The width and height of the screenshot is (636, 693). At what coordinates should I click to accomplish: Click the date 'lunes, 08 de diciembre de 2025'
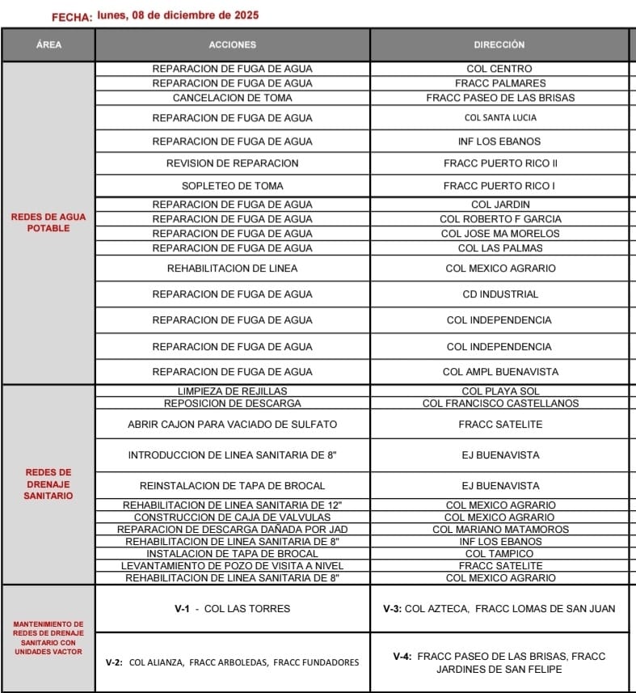point(178,15)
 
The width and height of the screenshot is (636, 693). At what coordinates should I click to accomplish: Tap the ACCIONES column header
point(232,45)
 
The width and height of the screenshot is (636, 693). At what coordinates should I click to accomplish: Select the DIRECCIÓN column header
point(499,45)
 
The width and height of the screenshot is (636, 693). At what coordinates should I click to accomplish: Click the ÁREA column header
point(48,45)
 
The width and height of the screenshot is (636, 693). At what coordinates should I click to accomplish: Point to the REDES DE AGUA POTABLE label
point(48,222)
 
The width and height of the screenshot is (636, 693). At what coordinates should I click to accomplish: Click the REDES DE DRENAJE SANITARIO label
point(48,484)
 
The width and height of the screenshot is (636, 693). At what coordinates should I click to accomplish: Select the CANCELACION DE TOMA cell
point(232,98)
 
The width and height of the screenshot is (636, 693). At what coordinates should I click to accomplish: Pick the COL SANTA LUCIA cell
point(499,118)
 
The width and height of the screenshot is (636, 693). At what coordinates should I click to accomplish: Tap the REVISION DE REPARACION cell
point(232,163)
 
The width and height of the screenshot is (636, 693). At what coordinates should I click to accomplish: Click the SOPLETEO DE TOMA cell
point(232,186)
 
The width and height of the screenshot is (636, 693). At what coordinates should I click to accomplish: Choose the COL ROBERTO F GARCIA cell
point(499,219)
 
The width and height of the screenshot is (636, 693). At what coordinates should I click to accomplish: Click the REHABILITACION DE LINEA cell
point(232,268)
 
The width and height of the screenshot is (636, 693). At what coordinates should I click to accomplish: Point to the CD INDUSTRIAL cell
point(499,294)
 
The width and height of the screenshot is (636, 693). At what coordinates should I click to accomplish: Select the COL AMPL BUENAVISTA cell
point(499,372)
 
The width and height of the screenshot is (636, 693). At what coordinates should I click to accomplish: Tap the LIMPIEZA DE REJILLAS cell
point(232,391)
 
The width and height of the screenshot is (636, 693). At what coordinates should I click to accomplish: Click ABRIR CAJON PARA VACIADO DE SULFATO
point(232,425)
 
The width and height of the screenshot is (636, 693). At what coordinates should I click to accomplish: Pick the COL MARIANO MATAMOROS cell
point(499,530)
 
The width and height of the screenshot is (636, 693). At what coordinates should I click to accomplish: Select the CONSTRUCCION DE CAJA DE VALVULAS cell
point(232,518)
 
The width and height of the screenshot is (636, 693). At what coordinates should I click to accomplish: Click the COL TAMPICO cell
point(499,554)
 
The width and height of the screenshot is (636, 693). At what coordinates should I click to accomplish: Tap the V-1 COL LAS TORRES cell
point(232,609)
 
